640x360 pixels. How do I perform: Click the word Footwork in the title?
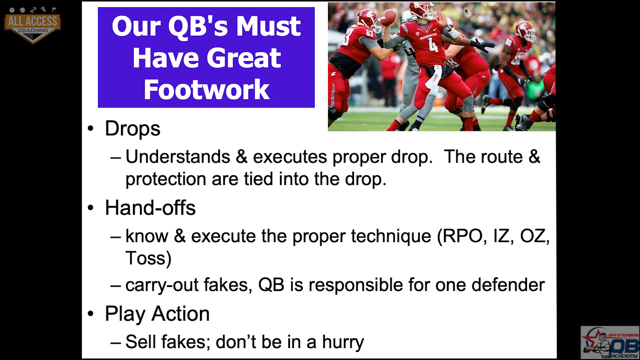(206, 89)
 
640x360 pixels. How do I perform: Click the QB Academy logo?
(610, 343)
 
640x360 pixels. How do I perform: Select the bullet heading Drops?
(133, 128)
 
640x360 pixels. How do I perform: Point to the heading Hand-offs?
(150, 208)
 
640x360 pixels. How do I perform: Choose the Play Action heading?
(157, 314)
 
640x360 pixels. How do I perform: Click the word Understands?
(178, 156)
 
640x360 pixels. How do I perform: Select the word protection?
(166, 179)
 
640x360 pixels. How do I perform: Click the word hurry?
(343, 342)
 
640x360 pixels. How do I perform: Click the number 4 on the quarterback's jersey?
(433, 46)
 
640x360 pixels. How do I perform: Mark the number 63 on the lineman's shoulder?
(370, 33)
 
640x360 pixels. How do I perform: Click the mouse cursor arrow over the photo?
(467, 11)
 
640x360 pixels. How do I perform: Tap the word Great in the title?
(244, 58)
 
